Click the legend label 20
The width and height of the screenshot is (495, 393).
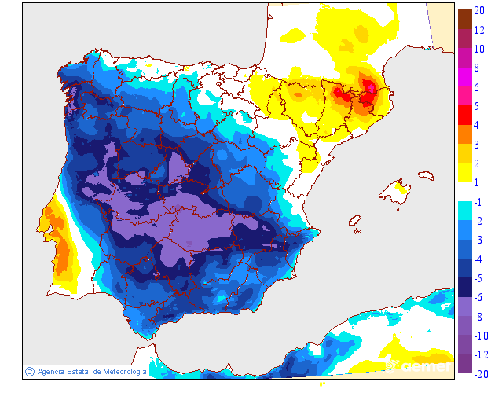point(479,12)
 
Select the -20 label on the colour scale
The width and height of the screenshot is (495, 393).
point(481,373)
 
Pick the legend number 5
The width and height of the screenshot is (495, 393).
point(477,106)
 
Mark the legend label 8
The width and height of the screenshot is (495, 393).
point(477,68)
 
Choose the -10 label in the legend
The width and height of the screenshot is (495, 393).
point(481,336)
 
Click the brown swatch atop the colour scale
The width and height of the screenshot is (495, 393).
point(464,18)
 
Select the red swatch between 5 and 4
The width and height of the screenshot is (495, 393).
point(464,116)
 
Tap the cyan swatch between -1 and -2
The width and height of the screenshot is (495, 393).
point(464,211)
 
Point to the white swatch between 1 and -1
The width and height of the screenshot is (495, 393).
point(464,193)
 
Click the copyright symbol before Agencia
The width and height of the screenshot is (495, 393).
point(30,371)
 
